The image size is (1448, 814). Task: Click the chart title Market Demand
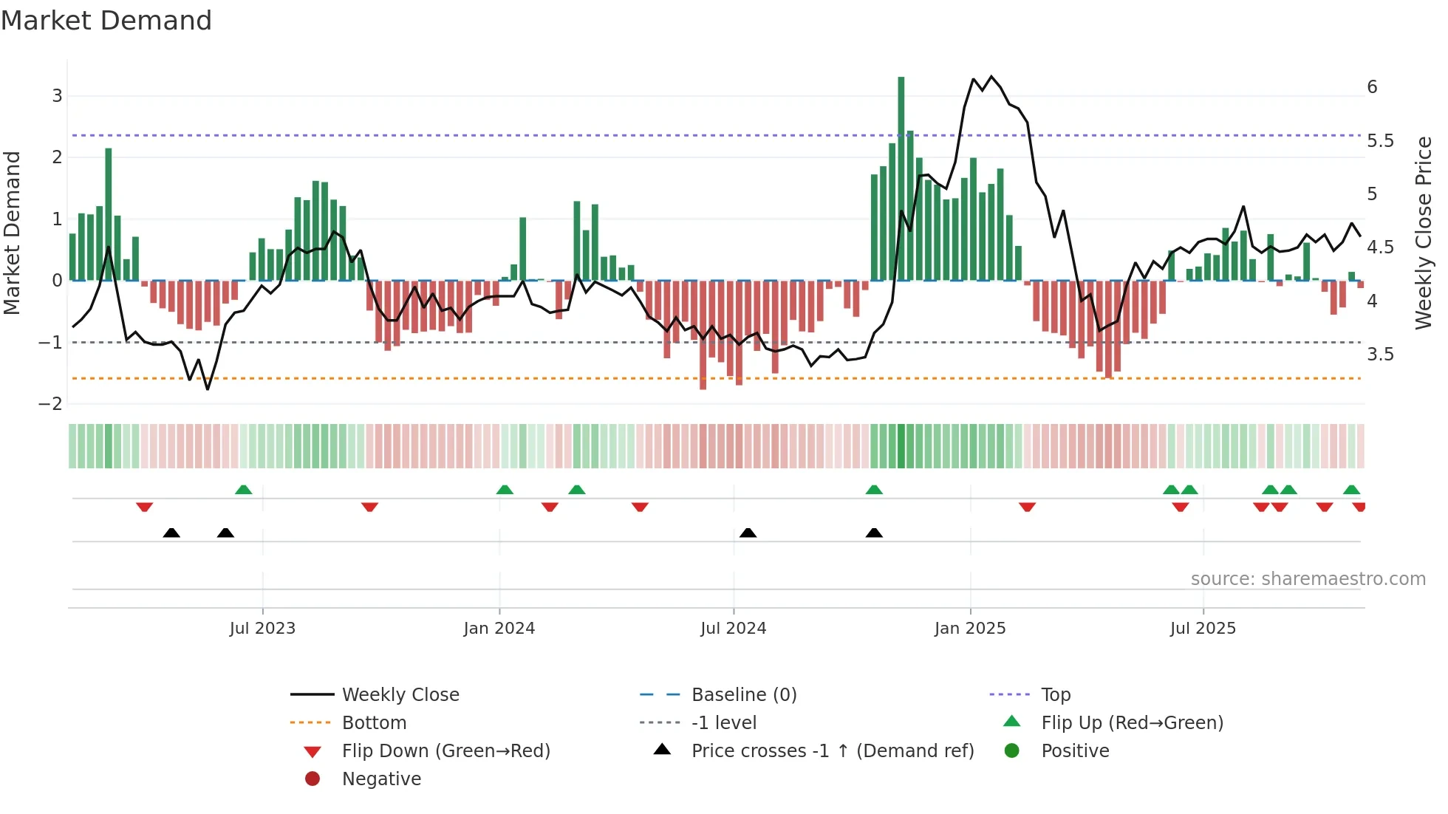coord(106,21)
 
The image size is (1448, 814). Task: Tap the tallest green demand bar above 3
coord(901,177)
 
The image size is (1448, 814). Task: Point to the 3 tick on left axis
coord(57,96)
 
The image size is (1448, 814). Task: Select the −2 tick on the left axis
coord(51,404)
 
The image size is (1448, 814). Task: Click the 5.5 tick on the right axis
coord(1380,141)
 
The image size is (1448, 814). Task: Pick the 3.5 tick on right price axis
coord(1380,355)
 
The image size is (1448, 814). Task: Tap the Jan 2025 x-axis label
coord(970,629)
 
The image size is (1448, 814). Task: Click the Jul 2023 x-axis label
coord(262,629)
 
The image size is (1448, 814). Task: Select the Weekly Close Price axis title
coord(1424,233)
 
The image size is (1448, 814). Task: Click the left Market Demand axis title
coord(13,233)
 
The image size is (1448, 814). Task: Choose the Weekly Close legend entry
coord(400,695)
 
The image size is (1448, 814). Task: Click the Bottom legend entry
coord(374,723)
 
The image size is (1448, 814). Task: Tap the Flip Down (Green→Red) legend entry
coord(445,751)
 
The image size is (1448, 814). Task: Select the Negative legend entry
coord(381,779)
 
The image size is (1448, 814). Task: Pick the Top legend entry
coord(1056,695)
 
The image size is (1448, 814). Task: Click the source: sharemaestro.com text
coord(1308,579)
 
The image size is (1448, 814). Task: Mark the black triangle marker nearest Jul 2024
coord(748,533)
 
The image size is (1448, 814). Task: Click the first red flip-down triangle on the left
coord(145,507)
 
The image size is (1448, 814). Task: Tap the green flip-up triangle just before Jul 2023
coord(243,490)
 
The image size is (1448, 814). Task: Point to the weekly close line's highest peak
coord(991,77)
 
